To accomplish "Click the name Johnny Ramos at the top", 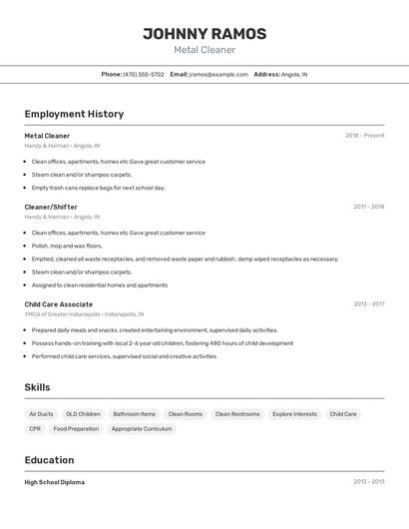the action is click(204, 33).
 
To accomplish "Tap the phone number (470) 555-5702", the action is click(144, 74).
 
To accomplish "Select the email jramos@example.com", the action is click(218, 74).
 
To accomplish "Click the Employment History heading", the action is click(74, 114).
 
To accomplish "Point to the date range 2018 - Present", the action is click(364, 136).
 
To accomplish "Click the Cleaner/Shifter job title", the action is click(51, 207).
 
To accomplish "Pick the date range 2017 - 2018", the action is click(368, 207).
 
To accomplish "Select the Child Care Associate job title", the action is click(59, 304).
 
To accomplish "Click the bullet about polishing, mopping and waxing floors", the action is click(67, 246).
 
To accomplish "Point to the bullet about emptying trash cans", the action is click(98, 188).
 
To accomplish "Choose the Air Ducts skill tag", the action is click(41, 414).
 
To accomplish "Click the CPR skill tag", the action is click(35, 429).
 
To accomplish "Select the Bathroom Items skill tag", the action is click(134, 414).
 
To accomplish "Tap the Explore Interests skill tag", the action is click(294, 414).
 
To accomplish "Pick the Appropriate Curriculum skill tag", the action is click(142, 429).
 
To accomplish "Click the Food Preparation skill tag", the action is click(76, 429).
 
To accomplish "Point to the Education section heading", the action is click(49, 460).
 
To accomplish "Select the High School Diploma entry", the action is click(55, 482).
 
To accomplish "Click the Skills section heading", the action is click(38, 387).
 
